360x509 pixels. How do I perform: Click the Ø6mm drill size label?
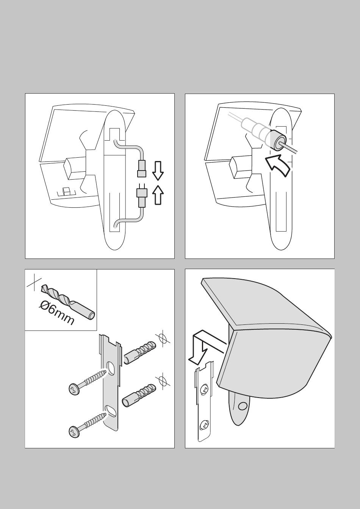pyautogui.click(x=56, y=313)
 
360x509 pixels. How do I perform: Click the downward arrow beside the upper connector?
pyautogui.click(x=158, y=171)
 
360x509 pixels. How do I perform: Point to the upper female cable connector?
pyautogui.click(x=141, y=169)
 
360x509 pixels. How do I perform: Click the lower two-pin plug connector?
pyautogui.click(x=142, y=195)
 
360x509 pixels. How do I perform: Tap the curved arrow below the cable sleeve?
pyautogui.click(x=277, y=165)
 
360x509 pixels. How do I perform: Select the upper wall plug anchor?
pyautogui.click(x=140, y=352)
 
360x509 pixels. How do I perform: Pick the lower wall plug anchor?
pyautogui.click(x=139, y=396)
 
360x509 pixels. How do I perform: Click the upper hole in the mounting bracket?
pyautogui.click(x=111, y=368)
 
